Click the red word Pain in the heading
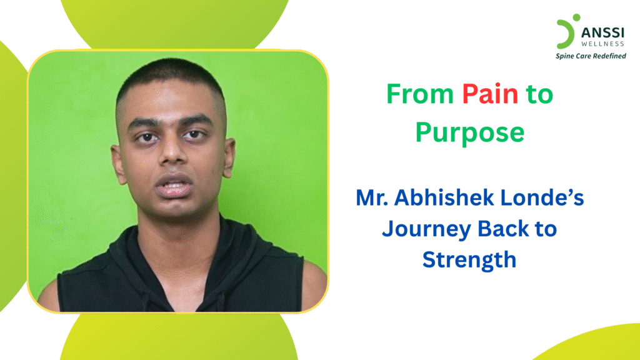click(x=491, y=94)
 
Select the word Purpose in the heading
click(x=469, y=132)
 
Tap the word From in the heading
click(x=420, y=94)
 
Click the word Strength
click(x=469, y=259)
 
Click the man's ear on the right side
click(x=229, y=160)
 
